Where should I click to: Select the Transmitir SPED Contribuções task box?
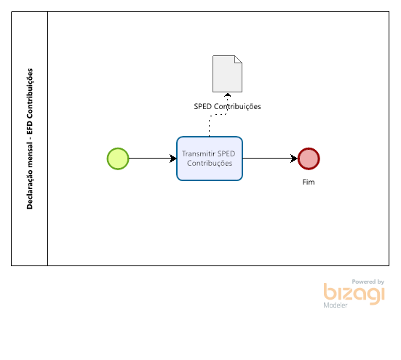(x=210, y=159)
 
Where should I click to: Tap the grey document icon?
(x=227, y=74)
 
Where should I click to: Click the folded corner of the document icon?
(x=239, y=59)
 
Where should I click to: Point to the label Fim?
(x=309, y=182)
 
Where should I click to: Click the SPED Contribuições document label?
(x=227, y=106)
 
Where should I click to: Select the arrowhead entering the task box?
(x=173, y=159)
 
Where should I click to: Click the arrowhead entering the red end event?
(x=294, y=159)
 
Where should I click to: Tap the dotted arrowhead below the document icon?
(x=227, y=95)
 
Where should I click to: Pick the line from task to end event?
(x=270, y=159)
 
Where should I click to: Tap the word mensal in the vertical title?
(x=30, y=156)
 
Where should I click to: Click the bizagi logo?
(x=354, y=294)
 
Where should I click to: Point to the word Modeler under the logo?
(x=336, y=305)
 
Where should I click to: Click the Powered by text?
(x=368, y=281)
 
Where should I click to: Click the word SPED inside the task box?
(x=227, y=153)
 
